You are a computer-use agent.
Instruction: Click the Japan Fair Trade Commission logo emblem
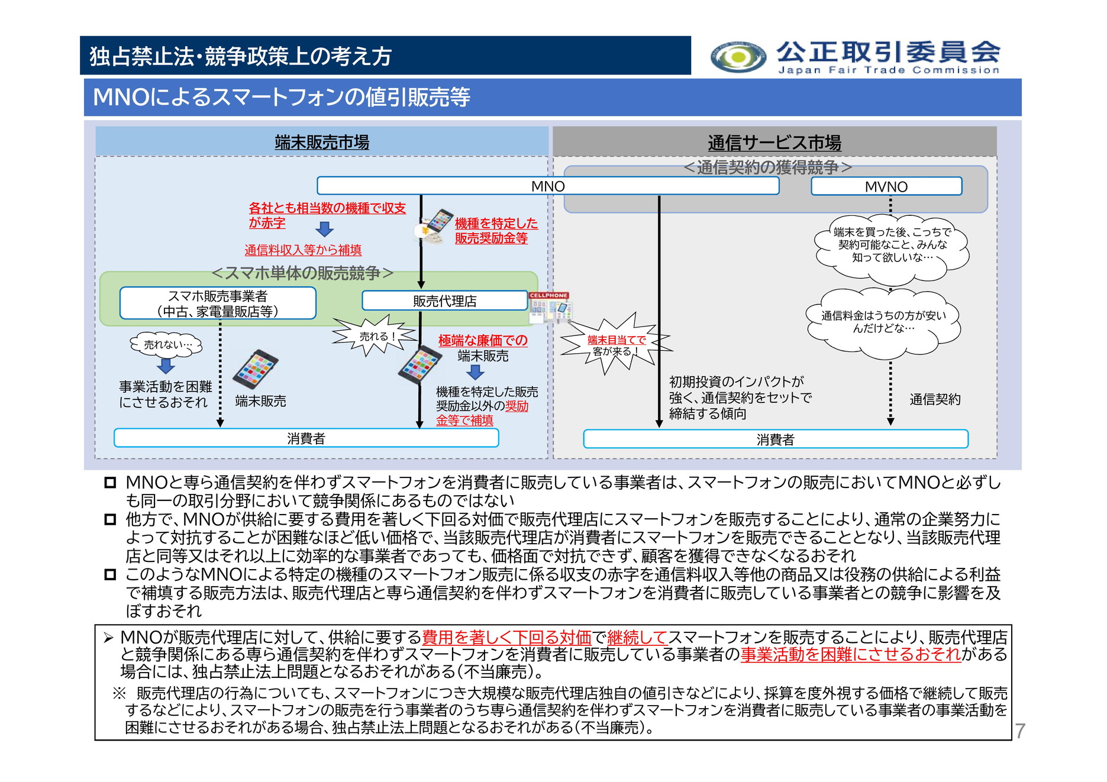click(x=738, y=57)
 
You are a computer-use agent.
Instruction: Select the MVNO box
click(x=886, y=186)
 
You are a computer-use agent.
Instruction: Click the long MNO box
click(x=547, y=186)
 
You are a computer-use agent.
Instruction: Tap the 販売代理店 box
click(x=444, y=300)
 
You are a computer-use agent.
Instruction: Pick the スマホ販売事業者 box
click(x=218, y=303)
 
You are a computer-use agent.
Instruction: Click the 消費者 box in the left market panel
click(x=306, y=438)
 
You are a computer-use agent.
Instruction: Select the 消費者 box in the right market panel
click(x=775, y=439)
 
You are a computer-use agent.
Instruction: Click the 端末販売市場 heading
click(x=322, y=142)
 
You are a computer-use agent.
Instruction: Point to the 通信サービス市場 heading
click(x=774, y=143)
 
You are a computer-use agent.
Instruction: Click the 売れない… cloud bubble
click(x=166, y=344)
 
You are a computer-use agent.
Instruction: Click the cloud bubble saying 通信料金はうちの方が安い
click(x=883, y=322)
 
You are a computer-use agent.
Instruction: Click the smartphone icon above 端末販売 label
click(x=256, y=368)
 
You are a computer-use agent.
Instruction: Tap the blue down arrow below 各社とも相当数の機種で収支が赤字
click(x=324, y=229)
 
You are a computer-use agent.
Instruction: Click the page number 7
click(x=1020, y=731)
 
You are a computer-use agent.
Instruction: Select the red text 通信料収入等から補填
click(x=303, y=250)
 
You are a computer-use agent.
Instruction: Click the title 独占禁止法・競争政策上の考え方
click(x=240, y=56)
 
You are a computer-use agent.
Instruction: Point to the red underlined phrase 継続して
click(x=637, y=637)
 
